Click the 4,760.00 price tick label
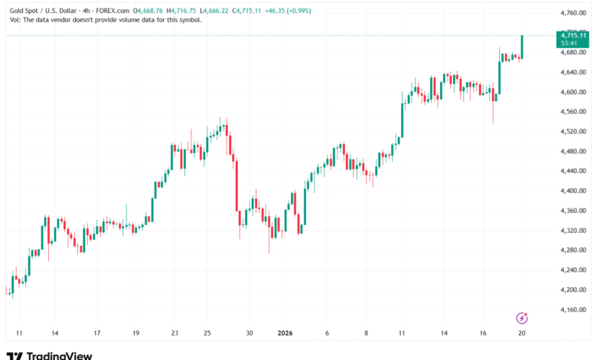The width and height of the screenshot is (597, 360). click(572, 14)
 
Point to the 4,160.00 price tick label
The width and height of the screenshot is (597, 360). click(572, 309)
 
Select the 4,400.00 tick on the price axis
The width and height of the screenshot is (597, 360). click(572, 191)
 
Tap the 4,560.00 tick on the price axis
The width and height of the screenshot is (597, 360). click(572, 112)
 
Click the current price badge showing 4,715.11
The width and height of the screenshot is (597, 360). click(573, 35)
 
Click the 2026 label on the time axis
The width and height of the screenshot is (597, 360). click(285, 334)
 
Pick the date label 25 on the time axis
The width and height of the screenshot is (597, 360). click(207, 334)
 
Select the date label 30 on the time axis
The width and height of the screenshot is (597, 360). click(249, 334)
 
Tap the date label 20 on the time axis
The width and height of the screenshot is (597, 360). click(521, 334)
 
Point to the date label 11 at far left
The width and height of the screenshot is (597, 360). click(19, 334)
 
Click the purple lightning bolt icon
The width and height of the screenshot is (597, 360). click(522, 317)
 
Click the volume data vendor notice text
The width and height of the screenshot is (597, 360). click(104, 20)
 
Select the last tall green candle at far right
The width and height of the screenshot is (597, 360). click(522, 46)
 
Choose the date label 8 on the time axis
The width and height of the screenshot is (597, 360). click(367, 334)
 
